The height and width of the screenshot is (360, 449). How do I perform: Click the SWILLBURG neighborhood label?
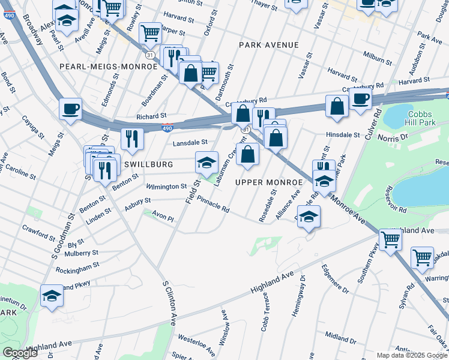tap(149, 164)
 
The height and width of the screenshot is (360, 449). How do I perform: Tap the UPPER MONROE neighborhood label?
tap(268, 182)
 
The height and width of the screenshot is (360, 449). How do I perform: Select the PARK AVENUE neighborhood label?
tap(268, 45)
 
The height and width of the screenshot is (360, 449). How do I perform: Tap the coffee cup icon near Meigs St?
tap(70, 109)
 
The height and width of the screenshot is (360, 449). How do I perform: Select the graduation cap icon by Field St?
tap(206, 163)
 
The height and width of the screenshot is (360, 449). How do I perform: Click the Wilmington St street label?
tap(167, 187)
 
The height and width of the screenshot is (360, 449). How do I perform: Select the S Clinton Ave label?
tap(170, 303)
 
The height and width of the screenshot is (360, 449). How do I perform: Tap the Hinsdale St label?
tap(342, 135)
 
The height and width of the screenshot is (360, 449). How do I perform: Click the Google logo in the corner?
tap(20, 353)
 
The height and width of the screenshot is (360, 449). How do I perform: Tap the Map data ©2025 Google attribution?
tap(412, 355)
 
